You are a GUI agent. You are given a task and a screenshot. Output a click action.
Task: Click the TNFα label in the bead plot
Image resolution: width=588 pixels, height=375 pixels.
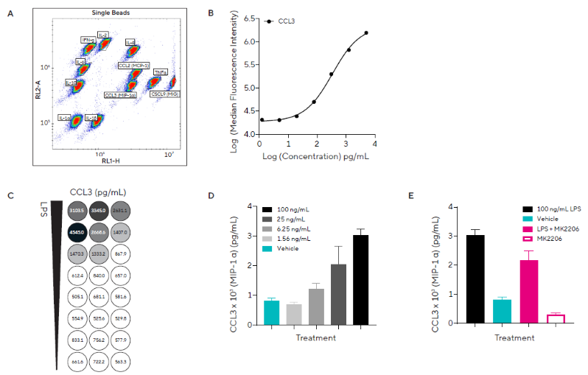click(161, 72)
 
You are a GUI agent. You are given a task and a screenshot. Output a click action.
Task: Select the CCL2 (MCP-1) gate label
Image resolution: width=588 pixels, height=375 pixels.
click(133, 66)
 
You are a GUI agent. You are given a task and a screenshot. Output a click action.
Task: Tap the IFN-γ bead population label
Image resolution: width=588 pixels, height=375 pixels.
click(88, 38)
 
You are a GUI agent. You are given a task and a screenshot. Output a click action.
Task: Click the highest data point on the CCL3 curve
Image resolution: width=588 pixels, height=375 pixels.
click(366, 32)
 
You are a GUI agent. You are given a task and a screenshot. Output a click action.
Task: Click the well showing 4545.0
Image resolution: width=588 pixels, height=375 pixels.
click(78, 231)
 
